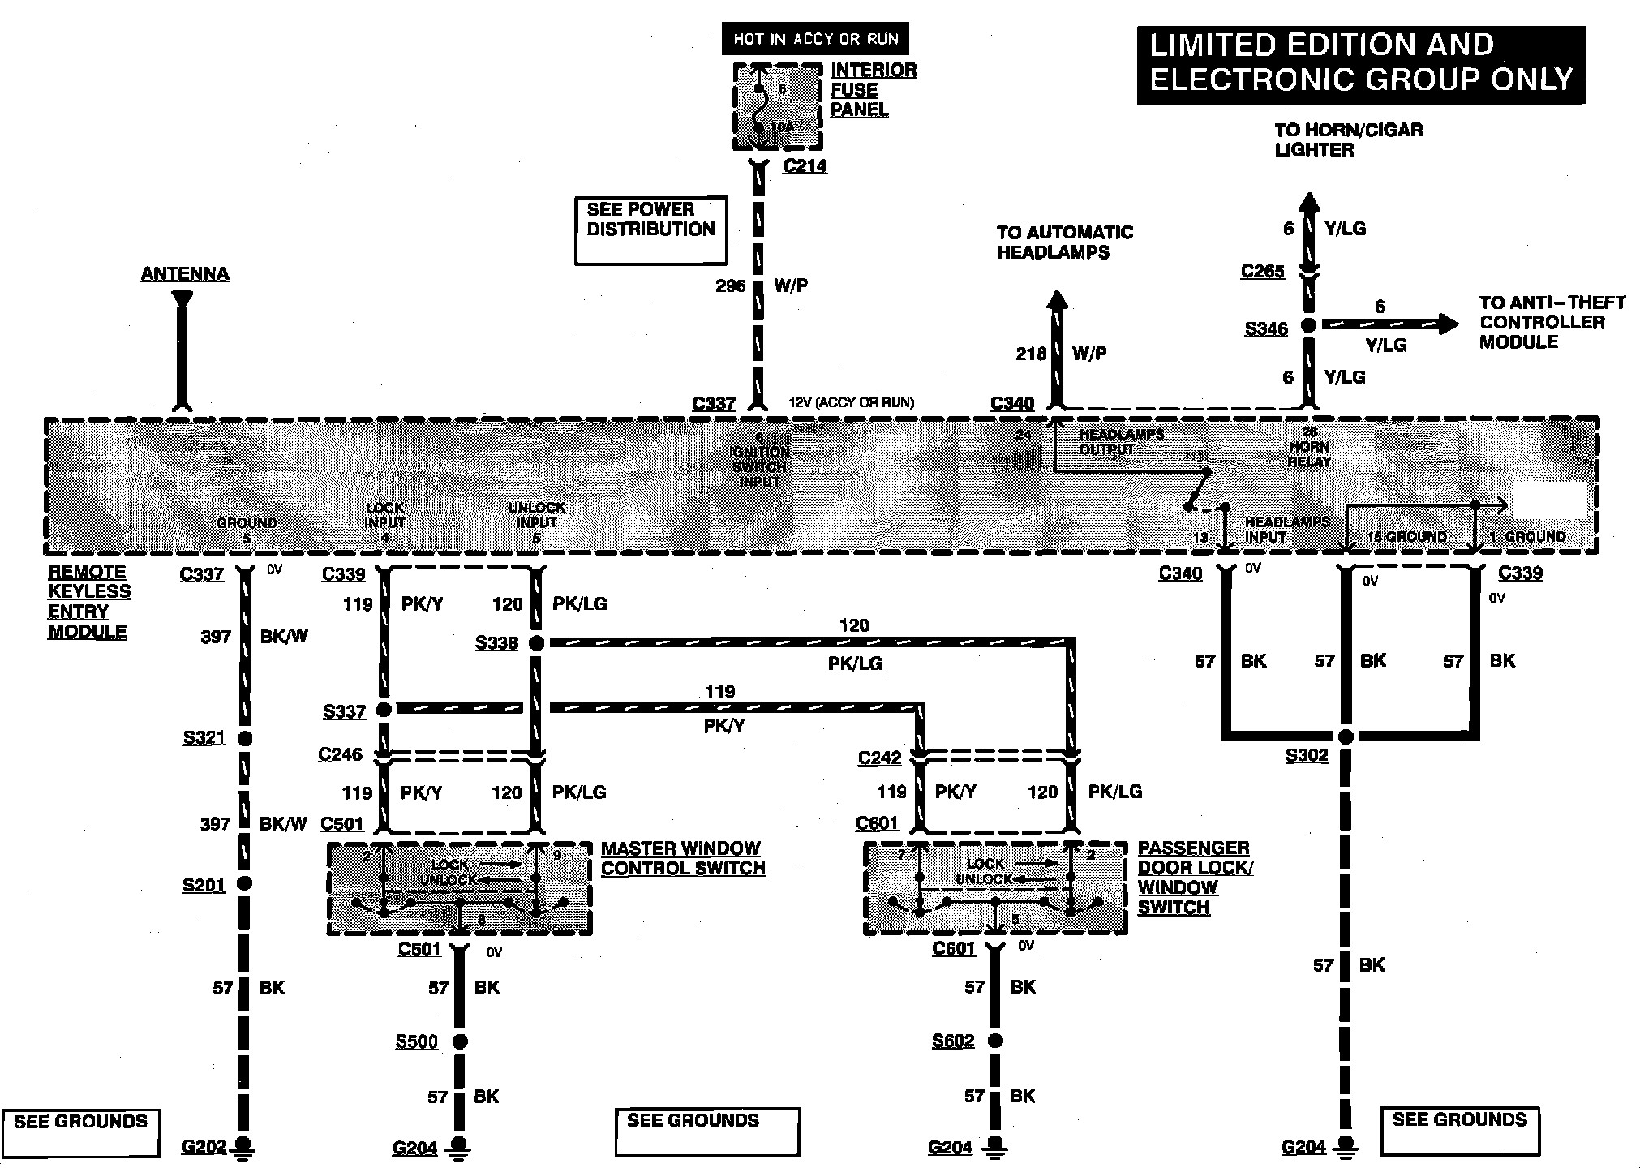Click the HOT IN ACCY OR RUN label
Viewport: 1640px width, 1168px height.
click(815, 38)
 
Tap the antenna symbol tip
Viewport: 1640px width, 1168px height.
click(182, 299)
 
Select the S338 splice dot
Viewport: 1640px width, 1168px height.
click(535, 643)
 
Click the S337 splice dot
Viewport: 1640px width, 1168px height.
click(384, 710)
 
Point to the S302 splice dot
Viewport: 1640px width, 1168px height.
click(1346, 736)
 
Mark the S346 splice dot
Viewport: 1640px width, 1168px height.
click(1307, 325)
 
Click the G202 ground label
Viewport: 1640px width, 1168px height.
click(204, 1147)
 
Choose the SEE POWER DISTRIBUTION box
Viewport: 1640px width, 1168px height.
click(650, 230)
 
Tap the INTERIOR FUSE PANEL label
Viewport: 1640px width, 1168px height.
click(873, 90)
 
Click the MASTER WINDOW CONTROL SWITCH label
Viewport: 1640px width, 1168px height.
click(682, 858)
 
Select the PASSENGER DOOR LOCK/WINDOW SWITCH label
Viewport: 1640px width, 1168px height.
click(1195, 878)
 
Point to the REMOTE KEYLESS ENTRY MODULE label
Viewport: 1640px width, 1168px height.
click(88, 601)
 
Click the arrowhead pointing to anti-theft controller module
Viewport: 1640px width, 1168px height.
click(1449, 324)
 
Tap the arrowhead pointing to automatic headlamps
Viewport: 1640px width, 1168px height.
click(1056, 300)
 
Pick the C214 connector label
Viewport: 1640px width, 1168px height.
click(805, 166)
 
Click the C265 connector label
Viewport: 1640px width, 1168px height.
click(1262, 271)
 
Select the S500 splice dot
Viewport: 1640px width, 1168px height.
click(460, 1041)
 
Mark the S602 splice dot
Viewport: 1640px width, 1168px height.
click(995, 1041)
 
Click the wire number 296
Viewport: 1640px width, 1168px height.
click(730, 286)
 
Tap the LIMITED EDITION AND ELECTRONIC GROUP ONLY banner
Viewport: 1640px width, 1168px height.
click(1360, 63)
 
